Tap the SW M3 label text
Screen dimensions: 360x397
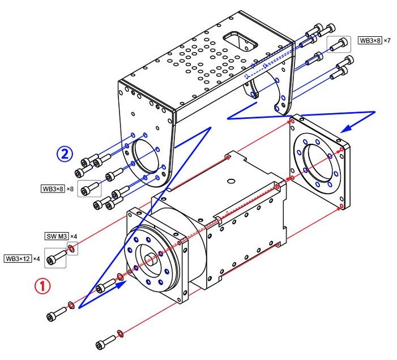(56, 235)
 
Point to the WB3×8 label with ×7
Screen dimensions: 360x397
(370, 41)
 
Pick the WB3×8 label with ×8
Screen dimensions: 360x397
(53, 188)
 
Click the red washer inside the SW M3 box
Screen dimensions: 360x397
(72, 247)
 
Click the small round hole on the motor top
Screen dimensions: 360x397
(230, 181)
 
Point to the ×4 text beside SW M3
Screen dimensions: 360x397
(74, 235)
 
